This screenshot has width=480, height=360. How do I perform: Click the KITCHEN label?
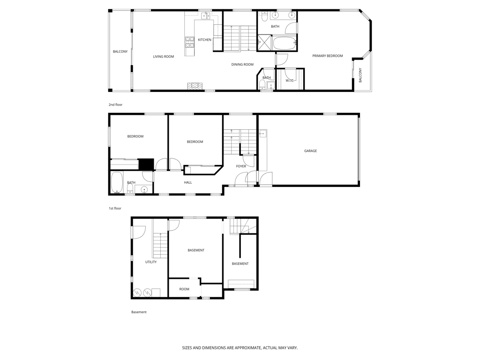204,40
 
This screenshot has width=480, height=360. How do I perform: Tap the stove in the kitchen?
190,42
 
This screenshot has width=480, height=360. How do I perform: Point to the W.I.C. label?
290,81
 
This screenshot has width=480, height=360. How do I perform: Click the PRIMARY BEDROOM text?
328,56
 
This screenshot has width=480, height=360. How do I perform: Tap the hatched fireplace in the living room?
195,86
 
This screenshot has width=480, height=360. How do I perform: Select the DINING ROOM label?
242,64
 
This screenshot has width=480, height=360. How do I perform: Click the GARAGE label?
310,151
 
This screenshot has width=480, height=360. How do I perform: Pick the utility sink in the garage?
262,134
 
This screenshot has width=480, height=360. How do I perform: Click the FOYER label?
241,166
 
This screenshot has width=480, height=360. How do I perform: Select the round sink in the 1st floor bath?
144,189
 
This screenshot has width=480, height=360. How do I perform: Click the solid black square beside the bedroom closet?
146,165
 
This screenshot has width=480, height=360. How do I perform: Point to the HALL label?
187,182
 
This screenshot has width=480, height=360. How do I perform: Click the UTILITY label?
150,262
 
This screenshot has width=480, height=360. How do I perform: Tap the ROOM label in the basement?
184,289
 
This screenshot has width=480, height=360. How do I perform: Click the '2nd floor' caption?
115,105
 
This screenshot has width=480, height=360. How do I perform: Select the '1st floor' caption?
115,208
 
